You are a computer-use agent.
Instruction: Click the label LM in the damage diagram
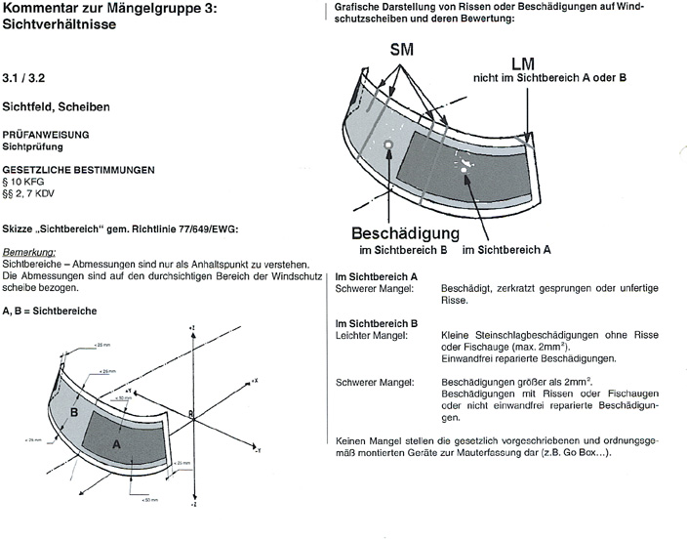522,63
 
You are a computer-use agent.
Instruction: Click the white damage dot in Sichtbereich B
388,145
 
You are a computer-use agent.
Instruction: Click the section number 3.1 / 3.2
23,74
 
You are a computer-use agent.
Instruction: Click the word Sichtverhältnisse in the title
65,27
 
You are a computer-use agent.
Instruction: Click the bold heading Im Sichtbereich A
377,277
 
